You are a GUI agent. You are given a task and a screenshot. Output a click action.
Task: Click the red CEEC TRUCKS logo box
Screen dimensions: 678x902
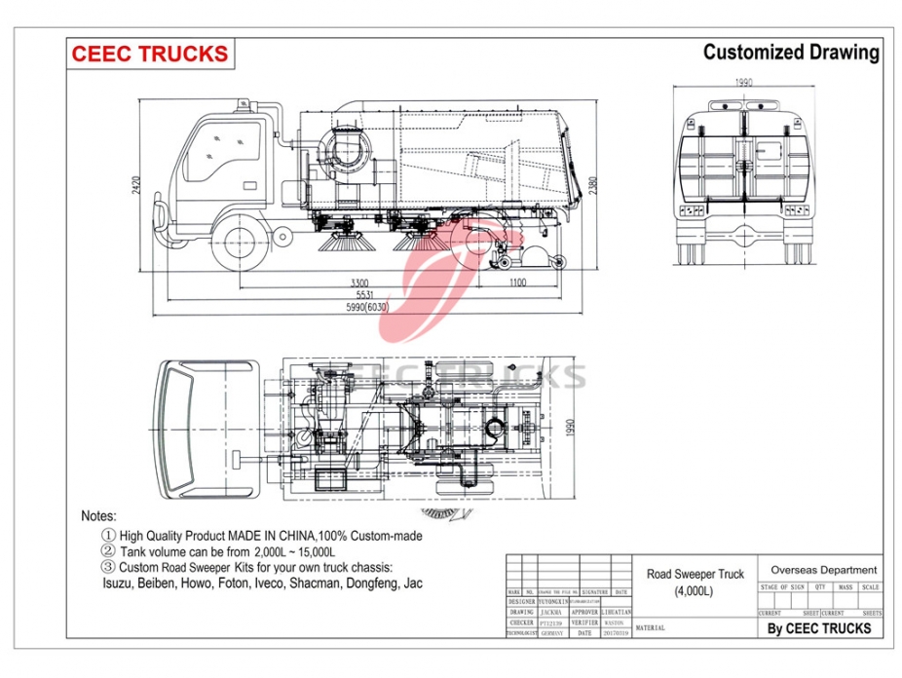[x=150, y=54]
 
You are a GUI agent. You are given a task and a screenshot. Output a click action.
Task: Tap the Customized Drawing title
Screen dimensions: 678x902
[x=791, y=52]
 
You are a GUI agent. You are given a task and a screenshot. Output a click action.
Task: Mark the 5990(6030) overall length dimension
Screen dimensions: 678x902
[x=365, y=308]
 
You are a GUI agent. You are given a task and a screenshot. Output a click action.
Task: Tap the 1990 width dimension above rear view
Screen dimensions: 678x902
[x=745, y=83]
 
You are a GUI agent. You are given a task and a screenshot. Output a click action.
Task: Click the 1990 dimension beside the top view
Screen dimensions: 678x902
[x=574, y=428]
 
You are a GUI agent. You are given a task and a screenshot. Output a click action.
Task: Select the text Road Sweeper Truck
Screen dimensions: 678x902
[x=695, y=575]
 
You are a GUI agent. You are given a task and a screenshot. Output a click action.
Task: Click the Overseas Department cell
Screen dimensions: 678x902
[x=823, y=570]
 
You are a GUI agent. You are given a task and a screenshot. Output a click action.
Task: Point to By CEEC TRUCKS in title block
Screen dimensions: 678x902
[x=818, y=628]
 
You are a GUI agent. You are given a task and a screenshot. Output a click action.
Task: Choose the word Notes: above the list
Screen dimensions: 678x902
[x=99, y=516]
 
